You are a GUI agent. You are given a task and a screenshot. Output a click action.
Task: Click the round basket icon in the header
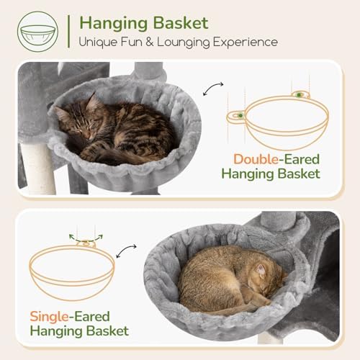pos(37,32)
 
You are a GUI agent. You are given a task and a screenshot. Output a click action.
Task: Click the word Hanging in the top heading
pos(114,24)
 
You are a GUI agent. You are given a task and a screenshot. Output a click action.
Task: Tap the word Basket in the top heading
pos(181,23)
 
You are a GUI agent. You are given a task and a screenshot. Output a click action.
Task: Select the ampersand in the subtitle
pos(150,42)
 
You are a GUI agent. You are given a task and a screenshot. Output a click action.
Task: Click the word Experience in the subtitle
pos(246,42)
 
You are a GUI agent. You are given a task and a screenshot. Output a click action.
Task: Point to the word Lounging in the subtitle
pos(184,42)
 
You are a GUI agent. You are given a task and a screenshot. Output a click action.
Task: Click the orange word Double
pos(256,159)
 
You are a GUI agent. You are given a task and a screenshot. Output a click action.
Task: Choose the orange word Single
pos(49,317)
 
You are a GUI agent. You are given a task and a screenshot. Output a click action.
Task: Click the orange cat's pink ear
pos(261,271)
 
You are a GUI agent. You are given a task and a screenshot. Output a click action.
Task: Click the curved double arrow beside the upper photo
pos(213,89)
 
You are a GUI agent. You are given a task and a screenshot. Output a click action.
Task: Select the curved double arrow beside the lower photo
pos(126,251)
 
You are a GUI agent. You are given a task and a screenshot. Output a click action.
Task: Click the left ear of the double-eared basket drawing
pos(236,117)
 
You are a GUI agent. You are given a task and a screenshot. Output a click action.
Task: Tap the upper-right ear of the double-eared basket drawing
pos(301,95)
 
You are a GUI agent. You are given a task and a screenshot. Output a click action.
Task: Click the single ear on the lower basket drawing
pos(86,244)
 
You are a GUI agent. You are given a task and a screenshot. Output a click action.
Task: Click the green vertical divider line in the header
pos(69,32)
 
